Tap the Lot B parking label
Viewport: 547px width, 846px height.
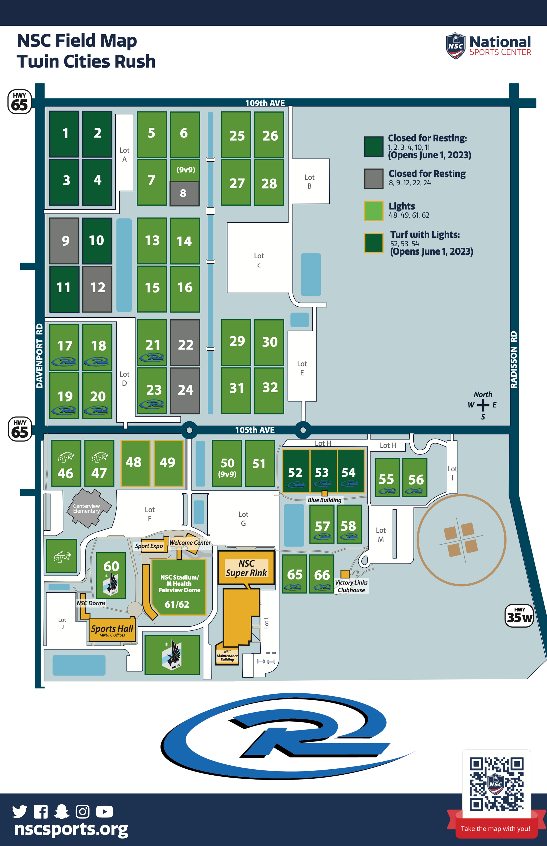pos(309,182)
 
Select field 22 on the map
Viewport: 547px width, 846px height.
pos(185,343)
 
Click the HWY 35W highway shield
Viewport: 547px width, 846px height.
pos(519,616)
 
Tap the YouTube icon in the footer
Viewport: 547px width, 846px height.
pos(105,812)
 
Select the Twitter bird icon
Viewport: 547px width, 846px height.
pos(20,812)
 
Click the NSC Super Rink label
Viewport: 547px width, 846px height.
pos(246,568)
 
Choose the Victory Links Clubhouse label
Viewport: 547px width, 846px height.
pos(351,586)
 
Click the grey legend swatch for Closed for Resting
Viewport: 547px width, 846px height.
pos(374,178)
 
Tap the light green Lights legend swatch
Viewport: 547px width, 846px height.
pos(374,211)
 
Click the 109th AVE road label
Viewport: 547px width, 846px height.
pos(265,103)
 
